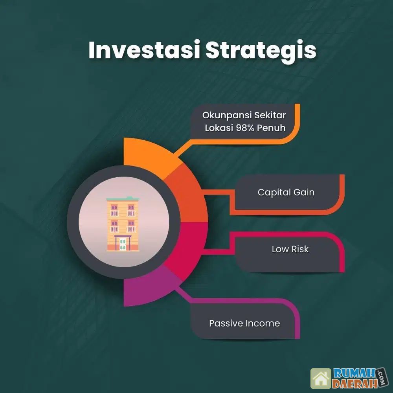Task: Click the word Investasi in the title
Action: coord(144,50)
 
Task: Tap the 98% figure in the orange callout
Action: coord(246,128)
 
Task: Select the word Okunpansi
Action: coord(227,115)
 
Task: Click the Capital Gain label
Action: coord(286,193)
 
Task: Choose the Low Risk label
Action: coord(290,249)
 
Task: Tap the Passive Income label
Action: coord(244,323)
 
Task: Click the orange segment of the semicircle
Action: coord(148,155)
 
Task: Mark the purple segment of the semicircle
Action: coord(148,288)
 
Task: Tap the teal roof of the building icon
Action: coord(123,199)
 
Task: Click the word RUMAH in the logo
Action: coord(354,374)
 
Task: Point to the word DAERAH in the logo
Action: coord(354,384)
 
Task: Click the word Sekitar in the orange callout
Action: coord(270,115)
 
